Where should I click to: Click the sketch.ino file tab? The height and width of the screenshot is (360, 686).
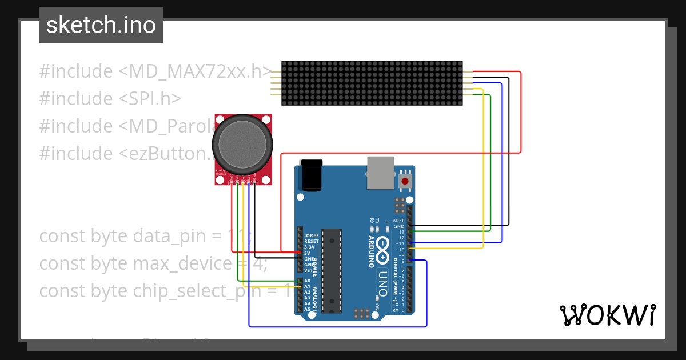[101, 25]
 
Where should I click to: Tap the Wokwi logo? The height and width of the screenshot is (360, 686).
[607, 315]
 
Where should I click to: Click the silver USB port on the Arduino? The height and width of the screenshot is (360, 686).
[380, 173]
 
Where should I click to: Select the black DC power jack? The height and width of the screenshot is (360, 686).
[312, 175]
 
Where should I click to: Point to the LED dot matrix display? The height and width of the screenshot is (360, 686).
[372, 83]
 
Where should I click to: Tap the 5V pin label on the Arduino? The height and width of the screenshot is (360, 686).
[308, 253]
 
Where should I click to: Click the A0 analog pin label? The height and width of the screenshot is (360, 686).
[308, 281]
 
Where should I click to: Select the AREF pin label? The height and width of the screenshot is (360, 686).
[399, 221]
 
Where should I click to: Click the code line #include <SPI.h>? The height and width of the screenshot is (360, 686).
[110, 99]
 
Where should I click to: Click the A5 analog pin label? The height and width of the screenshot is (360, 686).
[308, 309]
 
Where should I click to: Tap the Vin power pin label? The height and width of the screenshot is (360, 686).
[308, 270]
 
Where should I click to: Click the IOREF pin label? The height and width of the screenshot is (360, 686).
[312, 235]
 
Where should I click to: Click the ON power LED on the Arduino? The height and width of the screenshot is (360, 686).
[377, 306]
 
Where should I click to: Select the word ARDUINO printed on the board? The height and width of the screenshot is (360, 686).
[371, 251]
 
